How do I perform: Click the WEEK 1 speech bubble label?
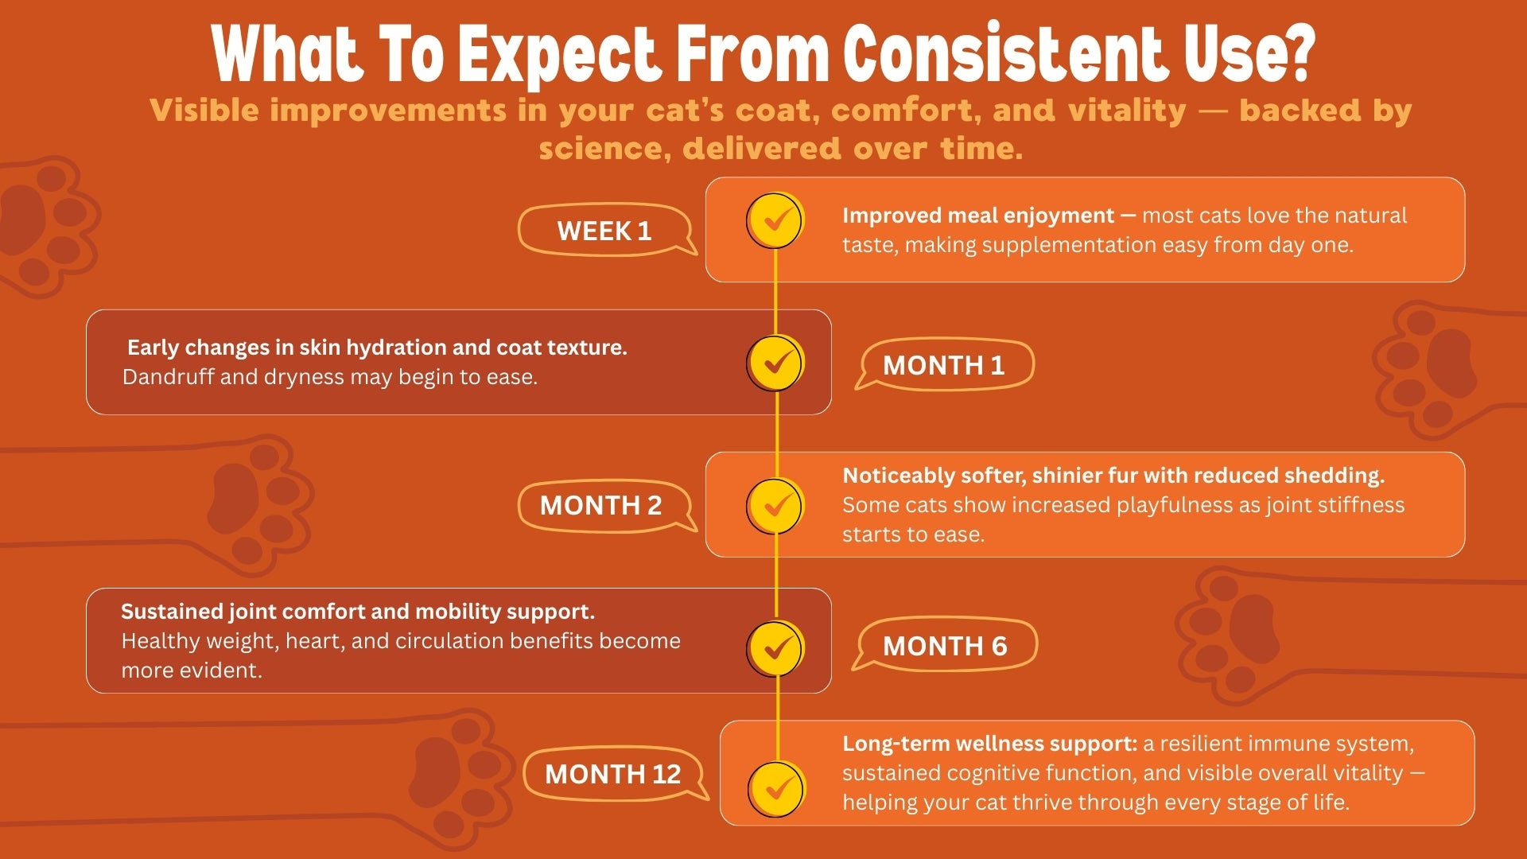point(604,231)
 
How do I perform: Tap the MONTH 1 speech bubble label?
point(944,365)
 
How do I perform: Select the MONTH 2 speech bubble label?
point(601,505)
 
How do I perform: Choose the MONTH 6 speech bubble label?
point(945,646)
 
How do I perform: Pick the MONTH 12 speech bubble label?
point(613,774)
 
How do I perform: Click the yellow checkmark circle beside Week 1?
point(775,220)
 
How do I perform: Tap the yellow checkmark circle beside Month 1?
point(775,363)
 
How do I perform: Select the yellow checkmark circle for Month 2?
point(775,506)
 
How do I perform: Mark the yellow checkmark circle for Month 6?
point(775,649)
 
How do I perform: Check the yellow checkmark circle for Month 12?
point(775,789)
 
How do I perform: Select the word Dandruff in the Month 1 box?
point(168,376)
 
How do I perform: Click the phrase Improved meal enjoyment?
point(978,216)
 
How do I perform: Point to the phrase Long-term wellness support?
point(990,744)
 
